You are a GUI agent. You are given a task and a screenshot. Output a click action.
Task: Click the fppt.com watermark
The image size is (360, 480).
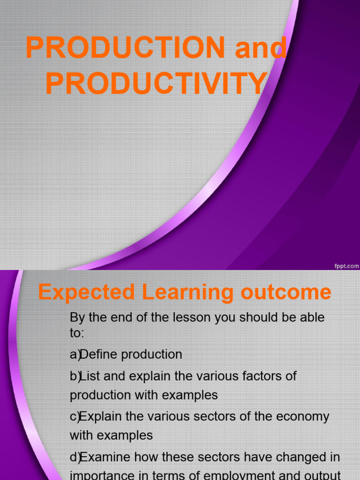(346, 265)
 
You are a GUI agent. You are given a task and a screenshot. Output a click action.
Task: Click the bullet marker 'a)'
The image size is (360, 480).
(75, 354)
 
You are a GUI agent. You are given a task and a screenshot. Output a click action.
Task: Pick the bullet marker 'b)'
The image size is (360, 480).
(75, 376)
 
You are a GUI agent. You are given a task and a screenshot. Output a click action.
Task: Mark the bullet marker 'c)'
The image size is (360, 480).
(75, 416)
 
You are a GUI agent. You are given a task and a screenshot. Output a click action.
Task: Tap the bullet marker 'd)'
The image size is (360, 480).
(75, 457)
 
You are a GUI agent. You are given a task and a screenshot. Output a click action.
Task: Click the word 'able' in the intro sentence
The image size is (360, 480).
(311, 317)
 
